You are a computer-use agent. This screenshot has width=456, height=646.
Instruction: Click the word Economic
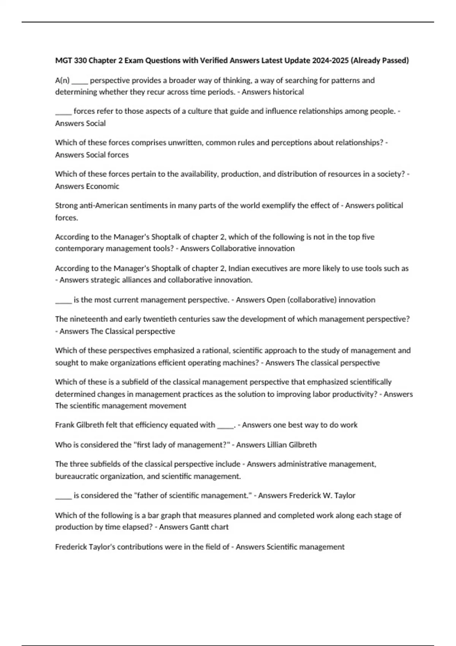[103, 186]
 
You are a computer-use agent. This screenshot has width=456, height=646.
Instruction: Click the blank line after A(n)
[80, 81]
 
